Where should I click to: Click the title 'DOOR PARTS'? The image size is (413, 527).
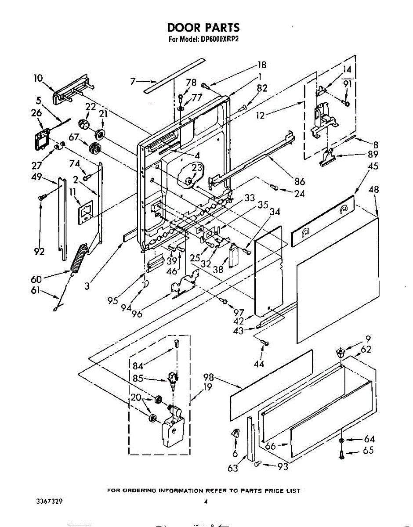[x=203, y=28]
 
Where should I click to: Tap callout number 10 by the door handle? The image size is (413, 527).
[x=38, y=79]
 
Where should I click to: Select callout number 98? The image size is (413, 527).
[x=209, y=377]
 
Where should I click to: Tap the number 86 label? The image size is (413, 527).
[x=300, y=181]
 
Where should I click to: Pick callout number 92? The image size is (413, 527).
[x=40, y=252]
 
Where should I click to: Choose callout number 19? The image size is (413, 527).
[x=207, y=387]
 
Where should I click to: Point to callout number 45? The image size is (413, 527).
[x=373, y=166]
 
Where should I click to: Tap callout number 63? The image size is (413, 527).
[x=232, y=468]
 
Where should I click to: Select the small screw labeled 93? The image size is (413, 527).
[x=258, y=462]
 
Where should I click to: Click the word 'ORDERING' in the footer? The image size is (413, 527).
[x=138, y=491]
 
